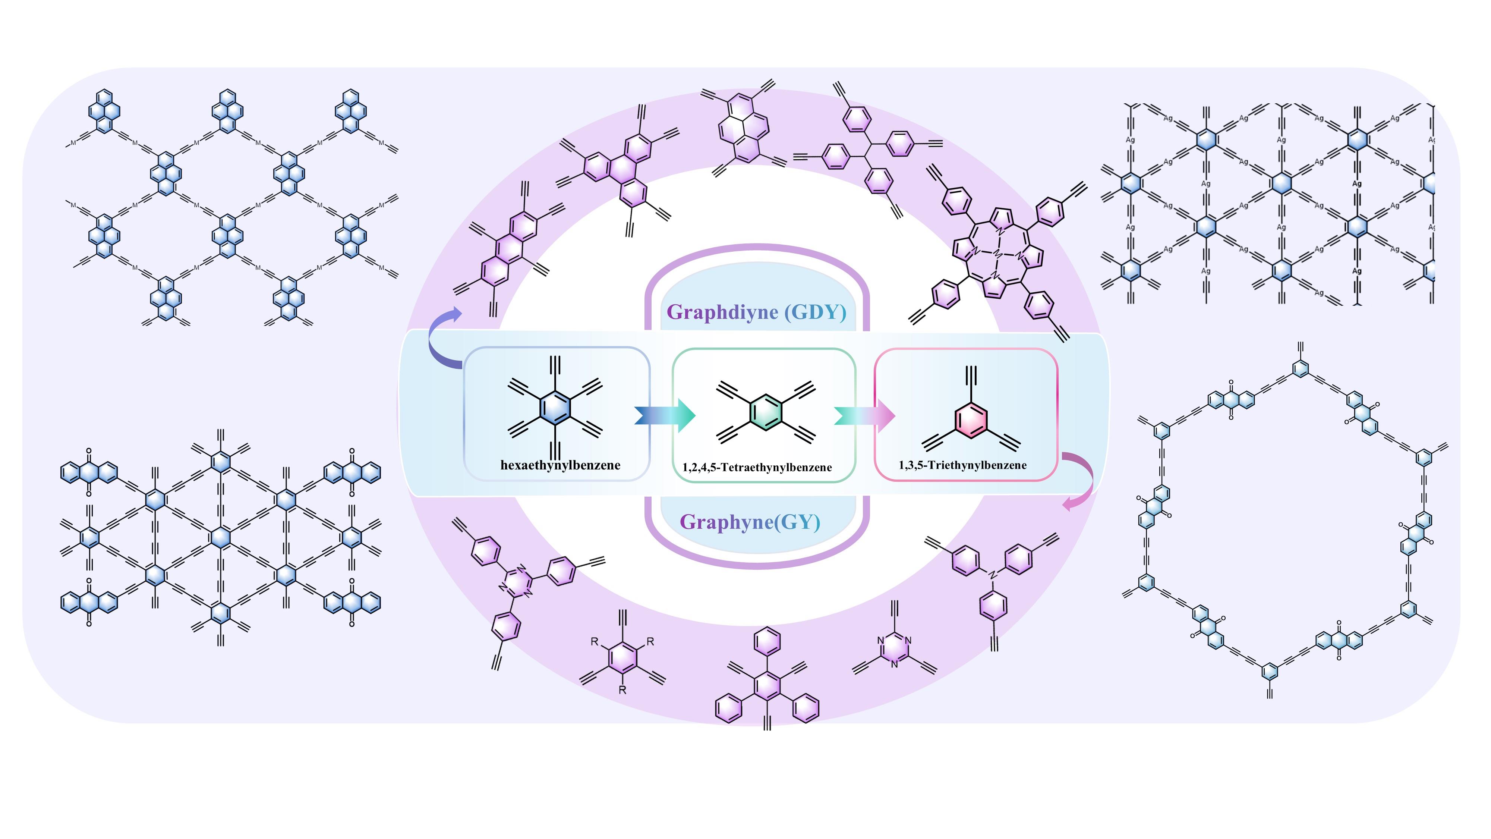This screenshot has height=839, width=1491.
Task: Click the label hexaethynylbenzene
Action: pyautogui.click(x=560, y=465)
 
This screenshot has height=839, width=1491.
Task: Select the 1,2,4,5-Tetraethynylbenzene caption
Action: pyautogui.click(x=757, y=467)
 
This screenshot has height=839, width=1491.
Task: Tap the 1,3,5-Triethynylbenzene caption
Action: pyautogui.click(x=962, y=465)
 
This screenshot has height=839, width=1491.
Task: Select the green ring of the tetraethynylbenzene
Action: pyautogui.click(x=766, y=413)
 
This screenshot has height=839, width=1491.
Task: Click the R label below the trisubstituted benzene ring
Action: pyautogui.click(x=622, y=690)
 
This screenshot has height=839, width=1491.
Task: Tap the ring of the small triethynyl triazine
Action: pyautogui.click(x=894, y=651)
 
